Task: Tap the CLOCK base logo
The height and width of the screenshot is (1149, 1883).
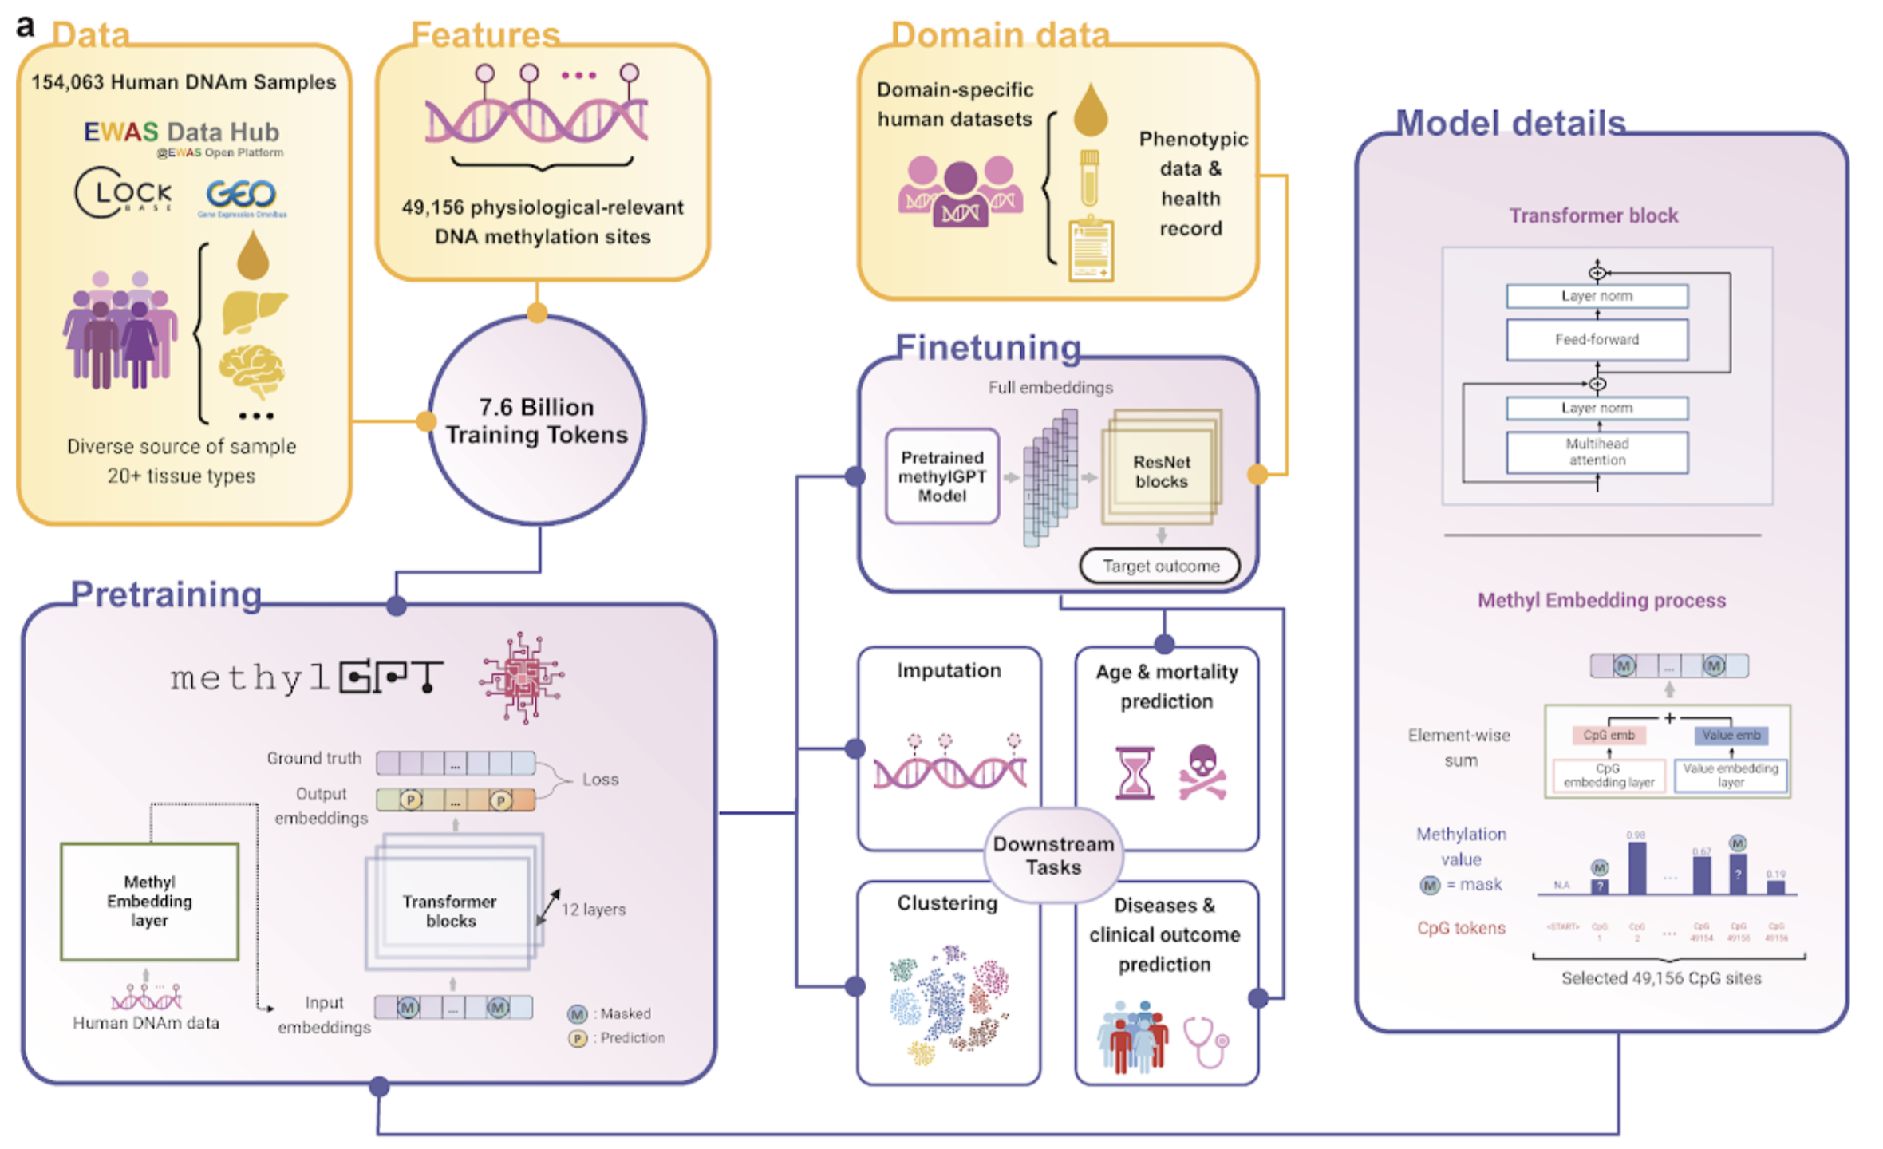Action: (x=123, y=192)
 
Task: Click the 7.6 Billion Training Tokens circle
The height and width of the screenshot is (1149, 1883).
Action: (x=536, y=421)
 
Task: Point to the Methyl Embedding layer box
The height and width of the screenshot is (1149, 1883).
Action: (x=149, y=901)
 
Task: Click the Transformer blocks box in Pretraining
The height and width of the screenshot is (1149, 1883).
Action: (x=450, y=910)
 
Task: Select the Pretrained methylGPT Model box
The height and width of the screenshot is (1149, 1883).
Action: (x=942, y=476)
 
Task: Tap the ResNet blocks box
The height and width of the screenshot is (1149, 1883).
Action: (x=1161, y=472)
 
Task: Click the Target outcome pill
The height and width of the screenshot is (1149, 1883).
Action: (x=1160, y=566)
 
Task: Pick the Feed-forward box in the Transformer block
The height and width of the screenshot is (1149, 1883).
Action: (x=1597, y=340)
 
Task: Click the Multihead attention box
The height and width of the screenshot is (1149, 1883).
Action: (x=1597, y=452)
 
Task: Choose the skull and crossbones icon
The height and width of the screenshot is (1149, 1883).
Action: (x=1202, y=772)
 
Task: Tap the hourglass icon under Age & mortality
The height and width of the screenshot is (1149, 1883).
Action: (x=1135, y=772)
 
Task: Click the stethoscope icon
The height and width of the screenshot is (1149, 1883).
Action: (x=1206, y=1041)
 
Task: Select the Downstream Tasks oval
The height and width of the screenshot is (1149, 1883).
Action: (x=1053, y=855)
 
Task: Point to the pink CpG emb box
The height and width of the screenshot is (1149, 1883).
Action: (x=1609, y=735)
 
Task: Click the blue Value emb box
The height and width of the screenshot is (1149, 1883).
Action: (x=1731, y=735)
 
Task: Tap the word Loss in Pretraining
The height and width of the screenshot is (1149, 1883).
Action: (x=600, y=780)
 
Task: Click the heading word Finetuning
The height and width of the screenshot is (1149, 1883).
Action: (x=988, y=348)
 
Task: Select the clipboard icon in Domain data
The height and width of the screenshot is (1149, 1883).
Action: (x=1091, y=251)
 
